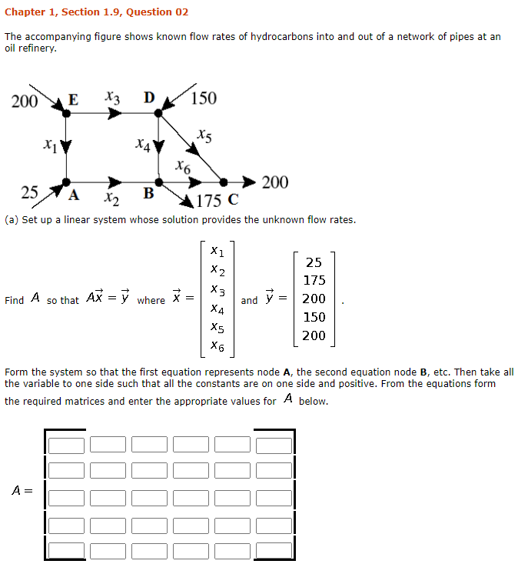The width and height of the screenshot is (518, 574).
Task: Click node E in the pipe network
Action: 67,113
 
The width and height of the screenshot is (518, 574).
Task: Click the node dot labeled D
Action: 159,113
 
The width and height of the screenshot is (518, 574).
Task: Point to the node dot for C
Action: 224,182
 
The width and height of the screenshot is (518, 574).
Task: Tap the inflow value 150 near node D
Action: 204,98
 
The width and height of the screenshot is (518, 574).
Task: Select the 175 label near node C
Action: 209,202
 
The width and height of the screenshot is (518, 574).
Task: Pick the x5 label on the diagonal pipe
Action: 204,135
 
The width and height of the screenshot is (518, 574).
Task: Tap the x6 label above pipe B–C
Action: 182,165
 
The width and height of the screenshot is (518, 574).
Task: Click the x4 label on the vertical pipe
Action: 141,143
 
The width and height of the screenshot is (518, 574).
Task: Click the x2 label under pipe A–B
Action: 112,202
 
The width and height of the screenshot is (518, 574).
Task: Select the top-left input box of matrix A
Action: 67,445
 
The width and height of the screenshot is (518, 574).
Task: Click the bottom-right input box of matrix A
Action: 274,551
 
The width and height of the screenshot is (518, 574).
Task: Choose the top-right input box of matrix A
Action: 274,445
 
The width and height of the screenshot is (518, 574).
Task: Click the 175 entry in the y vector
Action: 314,280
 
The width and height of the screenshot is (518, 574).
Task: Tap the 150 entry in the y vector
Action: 314,317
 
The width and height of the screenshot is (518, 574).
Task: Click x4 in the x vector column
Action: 217,310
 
